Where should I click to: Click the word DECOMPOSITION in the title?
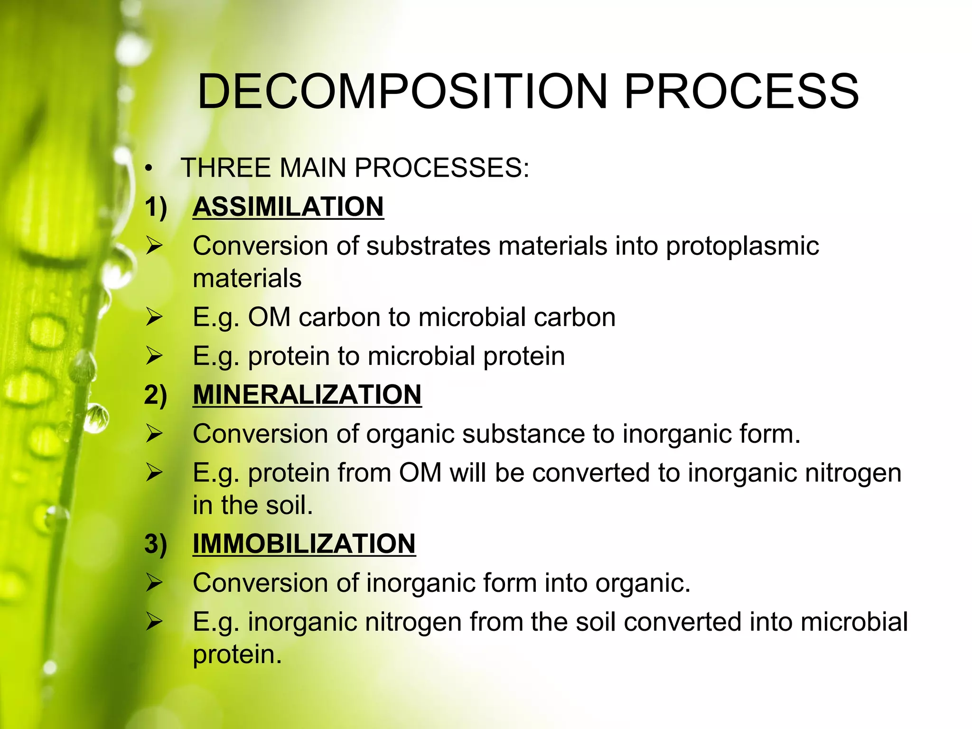(x=402, y=91)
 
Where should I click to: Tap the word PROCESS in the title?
(x=741, y=91)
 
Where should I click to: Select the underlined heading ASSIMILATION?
(x=288, y=207)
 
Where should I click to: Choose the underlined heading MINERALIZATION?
(x=307, y=395)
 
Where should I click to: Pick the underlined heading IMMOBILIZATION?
(x=304, y=544)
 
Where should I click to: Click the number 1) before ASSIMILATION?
(x=156, y=208)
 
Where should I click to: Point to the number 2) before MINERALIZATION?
(x=156, y=395)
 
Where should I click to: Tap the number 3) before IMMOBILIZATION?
(x=156, y=544)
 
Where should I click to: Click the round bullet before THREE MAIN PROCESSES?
(x=150, y=169)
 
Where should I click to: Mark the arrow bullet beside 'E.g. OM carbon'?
(x=154, y=317)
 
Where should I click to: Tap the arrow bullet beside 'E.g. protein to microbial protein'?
(x=154, y=356)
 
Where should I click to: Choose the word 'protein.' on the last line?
(x=237, y=655)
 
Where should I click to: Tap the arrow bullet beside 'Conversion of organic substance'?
(x=154, y=434)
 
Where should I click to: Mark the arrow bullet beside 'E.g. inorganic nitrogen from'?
(x=154, y=622)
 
